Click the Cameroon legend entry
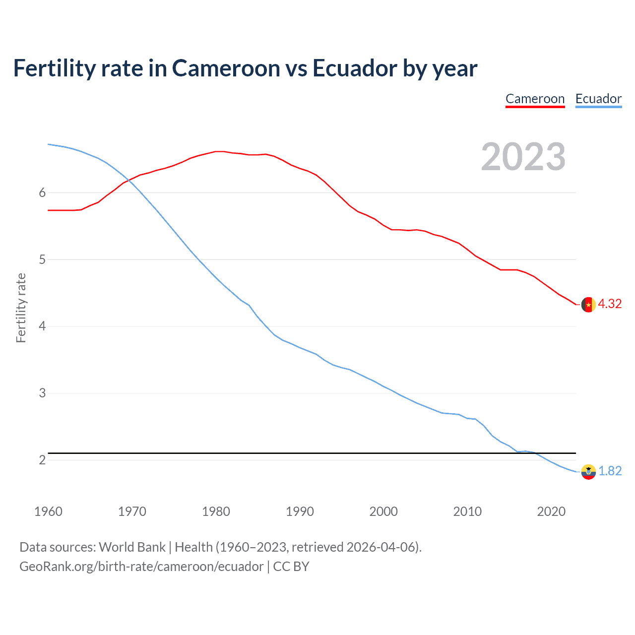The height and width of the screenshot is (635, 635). (x=535, y=99)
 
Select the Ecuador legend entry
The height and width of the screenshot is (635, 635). (x=598, y=99)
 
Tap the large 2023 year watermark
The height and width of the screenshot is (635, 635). (x=523, y=157)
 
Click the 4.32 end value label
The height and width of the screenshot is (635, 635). (x=610, y=304)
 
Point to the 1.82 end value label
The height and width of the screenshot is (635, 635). (x=610, y=471)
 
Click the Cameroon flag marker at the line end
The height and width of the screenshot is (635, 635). (x=588, y=305)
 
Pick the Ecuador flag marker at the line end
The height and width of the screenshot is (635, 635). (x=588, y=472)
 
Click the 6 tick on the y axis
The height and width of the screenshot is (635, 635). (x=42, y=192)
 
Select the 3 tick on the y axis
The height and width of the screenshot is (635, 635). (x=42, y=393)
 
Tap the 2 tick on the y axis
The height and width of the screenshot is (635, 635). (x=42, y=460)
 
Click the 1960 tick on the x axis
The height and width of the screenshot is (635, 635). (x=48, y=511)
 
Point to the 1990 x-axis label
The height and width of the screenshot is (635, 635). (x=300, y=511)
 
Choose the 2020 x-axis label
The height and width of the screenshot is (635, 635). (x=551, y=511)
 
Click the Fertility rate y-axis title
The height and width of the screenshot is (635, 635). (x=21, y=308)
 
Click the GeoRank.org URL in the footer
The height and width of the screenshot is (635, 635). (x=141, y=567)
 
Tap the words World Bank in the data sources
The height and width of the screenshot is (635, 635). (x=132, y=547)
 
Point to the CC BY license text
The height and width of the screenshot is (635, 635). (x=291, y=567)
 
